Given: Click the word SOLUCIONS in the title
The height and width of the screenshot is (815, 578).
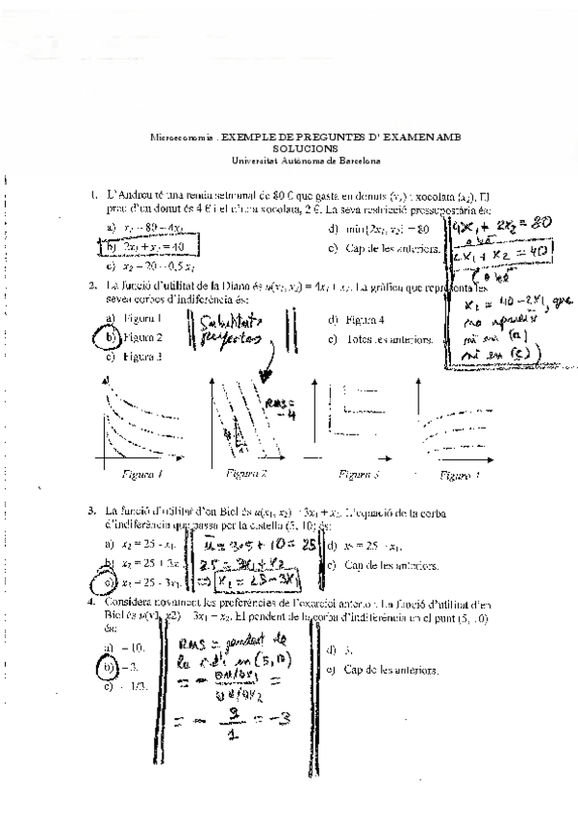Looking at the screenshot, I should tap(305, 149).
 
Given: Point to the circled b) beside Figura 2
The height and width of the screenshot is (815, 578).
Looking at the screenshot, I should tap(112, 337).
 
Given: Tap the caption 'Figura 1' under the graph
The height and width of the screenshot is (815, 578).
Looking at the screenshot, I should tap(141, 475).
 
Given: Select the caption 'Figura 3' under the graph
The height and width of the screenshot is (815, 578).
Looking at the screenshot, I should tap(361, 475).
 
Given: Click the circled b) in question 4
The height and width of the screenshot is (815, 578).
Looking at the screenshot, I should tap(111, 667).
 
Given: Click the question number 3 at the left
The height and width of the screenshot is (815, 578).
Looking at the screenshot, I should tap(90, 511).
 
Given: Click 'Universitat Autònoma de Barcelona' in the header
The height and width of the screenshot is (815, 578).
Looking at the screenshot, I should tap(305, 160).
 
